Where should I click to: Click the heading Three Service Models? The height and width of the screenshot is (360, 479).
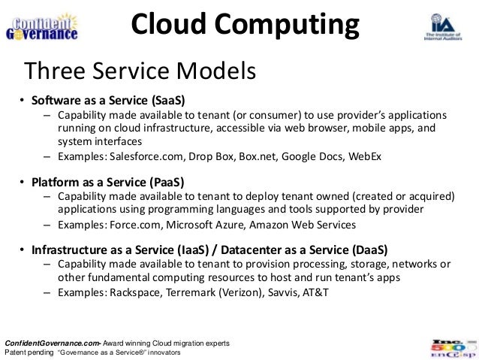[141, 72]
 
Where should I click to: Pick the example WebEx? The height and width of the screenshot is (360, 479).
[365, 157]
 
